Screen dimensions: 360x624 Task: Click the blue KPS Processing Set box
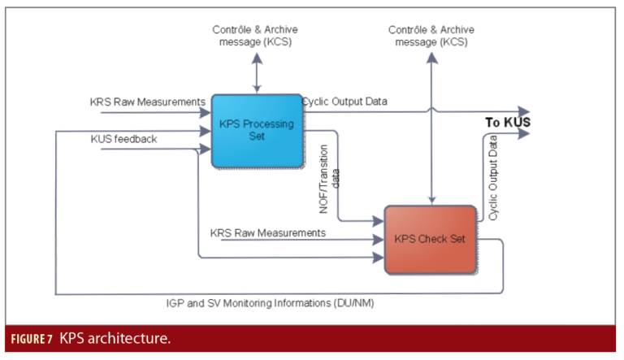[256, 130]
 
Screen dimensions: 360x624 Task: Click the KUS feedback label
[123, 140]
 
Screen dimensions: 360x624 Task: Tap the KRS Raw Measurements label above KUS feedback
[147, 102]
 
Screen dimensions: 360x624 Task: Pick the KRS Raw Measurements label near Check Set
[267, 233]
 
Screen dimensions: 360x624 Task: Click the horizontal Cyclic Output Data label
[345, 102]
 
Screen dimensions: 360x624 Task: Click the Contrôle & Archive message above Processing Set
[257, 36]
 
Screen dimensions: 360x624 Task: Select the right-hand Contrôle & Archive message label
[431, 36]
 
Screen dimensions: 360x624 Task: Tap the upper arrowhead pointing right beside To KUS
[523, 111]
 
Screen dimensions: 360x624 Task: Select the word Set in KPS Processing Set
[256, 137]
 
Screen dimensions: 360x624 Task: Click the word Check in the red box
[431, 240]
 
